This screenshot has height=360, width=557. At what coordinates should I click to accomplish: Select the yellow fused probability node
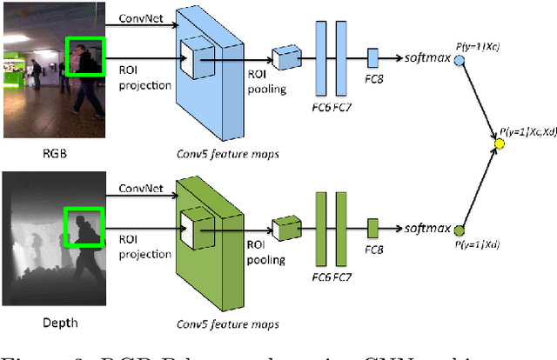tap(500, 143)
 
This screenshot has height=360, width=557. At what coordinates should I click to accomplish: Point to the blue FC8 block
tap(372, 58)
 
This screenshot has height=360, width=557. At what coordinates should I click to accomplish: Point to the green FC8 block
tap(372, 229)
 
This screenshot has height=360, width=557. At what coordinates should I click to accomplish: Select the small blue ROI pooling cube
tap(285, 58)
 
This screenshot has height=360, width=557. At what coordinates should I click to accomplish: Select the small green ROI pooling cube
tap(285, 229)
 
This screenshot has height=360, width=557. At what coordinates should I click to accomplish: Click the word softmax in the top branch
tap(426, 58)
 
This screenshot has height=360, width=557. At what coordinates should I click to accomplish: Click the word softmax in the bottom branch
tap(426, 229)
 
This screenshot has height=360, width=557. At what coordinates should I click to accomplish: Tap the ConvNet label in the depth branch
tap(141, 188)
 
